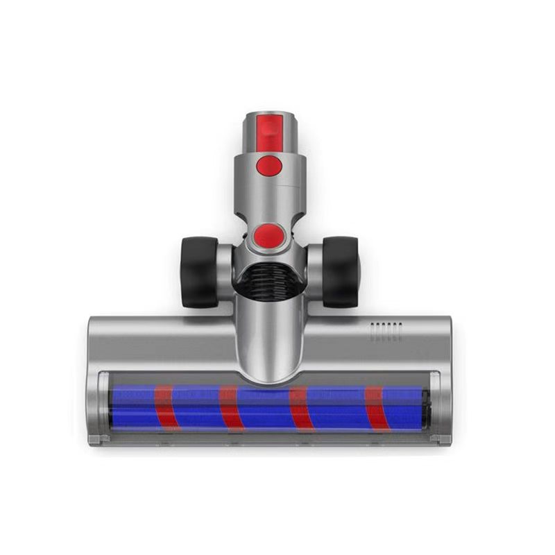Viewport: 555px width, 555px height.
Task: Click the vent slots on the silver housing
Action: click(x=386, y=332)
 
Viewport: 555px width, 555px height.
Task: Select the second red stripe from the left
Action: click(x=230, y=408)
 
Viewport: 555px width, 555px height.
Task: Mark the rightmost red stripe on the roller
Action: click(x=375, y=408)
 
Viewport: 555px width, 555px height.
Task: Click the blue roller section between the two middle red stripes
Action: click(x=264, y=408)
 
